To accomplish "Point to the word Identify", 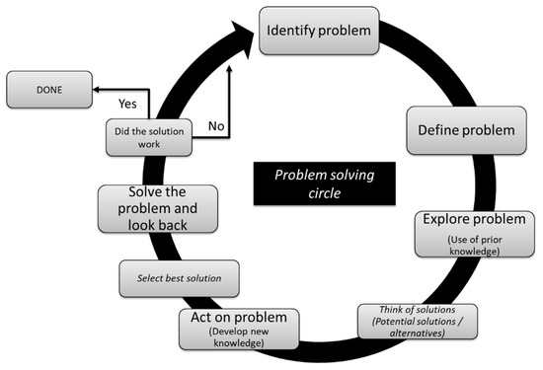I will coord(293,32).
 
